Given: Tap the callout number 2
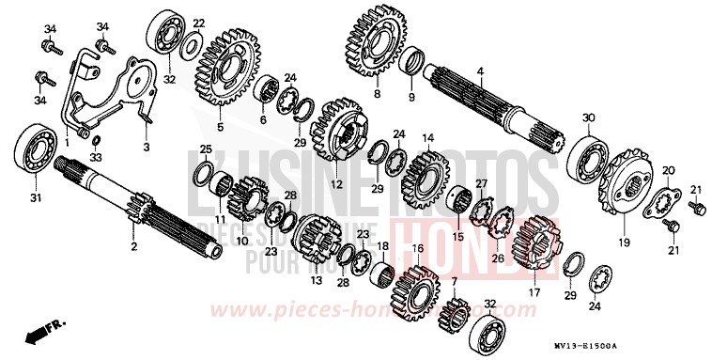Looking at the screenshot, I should pyautogui.click(x=133, y=246).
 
